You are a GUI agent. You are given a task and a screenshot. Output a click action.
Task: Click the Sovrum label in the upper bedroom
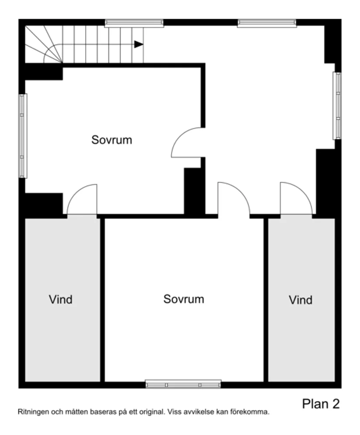[111, 140]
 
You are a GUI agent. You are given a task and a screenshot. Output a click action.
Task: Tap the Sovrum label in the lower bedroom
[184, 299]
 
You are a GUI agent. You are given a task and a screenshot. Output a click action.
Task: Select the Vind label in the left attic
[60, 299]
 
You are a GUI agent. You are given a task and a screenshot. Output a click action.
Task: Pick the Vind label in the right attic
[301, 300]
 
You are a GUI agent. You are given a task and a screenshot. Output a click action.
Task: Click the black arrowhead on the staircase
[139, 44]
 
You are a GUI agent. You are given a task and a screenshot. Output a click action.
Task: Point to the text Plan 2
[321, 404]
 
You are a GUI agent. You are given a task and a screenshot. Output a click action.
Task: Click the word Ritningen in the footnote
[31, 411]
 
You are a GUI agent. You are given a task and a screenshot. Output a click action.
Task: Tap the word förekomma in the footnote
[251, 411]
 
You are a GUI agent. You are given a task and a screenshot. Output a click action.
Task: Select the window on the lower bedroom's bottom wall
[183, 384]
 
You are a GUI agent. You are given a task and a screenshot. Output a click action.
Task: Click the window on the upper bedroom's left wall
[22, 136]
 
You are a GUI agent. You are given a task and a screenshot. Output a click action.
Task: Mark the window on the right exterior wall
[337, 105]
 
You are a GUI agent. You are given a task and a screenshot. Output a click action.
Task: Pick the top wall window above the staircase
[134, 23]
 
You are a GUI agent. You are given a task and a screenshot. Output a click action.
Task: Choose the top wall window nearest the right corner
[267, 23]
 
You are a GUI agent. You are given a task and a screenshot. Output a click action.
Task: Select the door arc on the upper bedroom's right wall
[187, 143]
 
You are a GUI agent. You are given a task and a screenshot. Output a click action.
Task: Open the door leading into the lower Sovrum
[233, 199]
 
